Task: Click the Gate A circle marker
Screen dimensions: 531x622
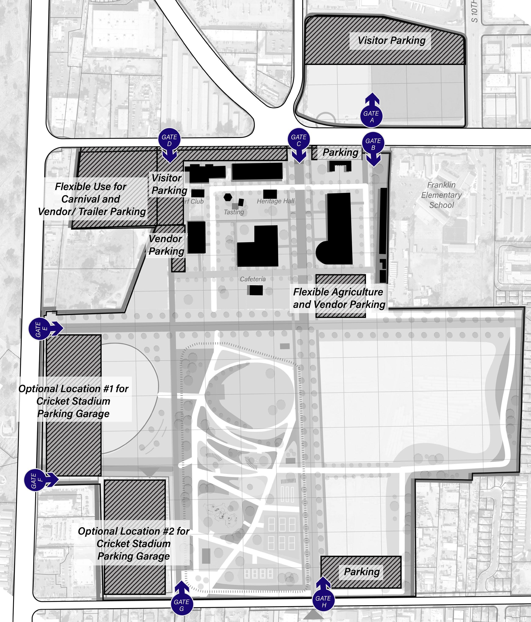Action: (x=372, y=116)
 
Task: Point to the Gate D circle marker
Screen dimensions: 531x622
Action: (x=169, y=140)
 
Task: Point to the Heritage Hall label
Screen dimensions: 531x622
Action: (x=275, y=201)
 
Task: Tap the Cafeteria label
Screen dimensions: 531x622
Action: (x=253, y=279)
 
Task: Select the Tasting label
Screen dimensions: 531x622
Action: (x=234, y=212)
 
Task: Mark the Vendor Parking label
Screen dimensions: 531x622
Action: (x=166, y=245)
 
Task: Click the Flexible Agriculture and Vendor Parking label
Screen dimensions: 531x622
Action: (x=339, y=298)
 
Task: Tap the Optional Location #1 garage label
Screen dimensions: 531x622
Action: (x=73, y=401)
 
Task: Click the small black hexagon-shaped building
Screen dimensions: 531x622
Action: (x=228, y=197)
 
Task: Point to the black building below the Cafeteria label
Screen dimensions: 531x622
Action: (x=256, y=290)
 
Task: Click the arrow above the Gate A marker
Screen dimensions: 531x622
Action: (x=372, y=99)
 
